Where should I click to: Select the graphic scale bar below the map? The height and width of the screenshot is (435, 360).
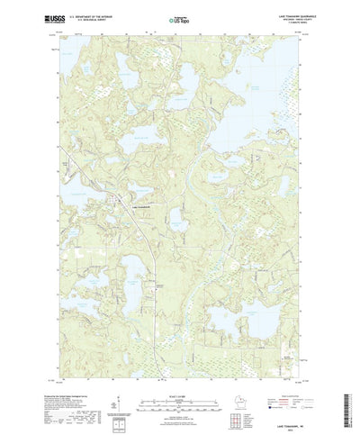click(x=179, y=379)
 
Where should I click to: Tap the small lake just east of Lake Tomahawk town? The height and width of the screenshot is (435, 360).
click(x=175, y=220)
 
